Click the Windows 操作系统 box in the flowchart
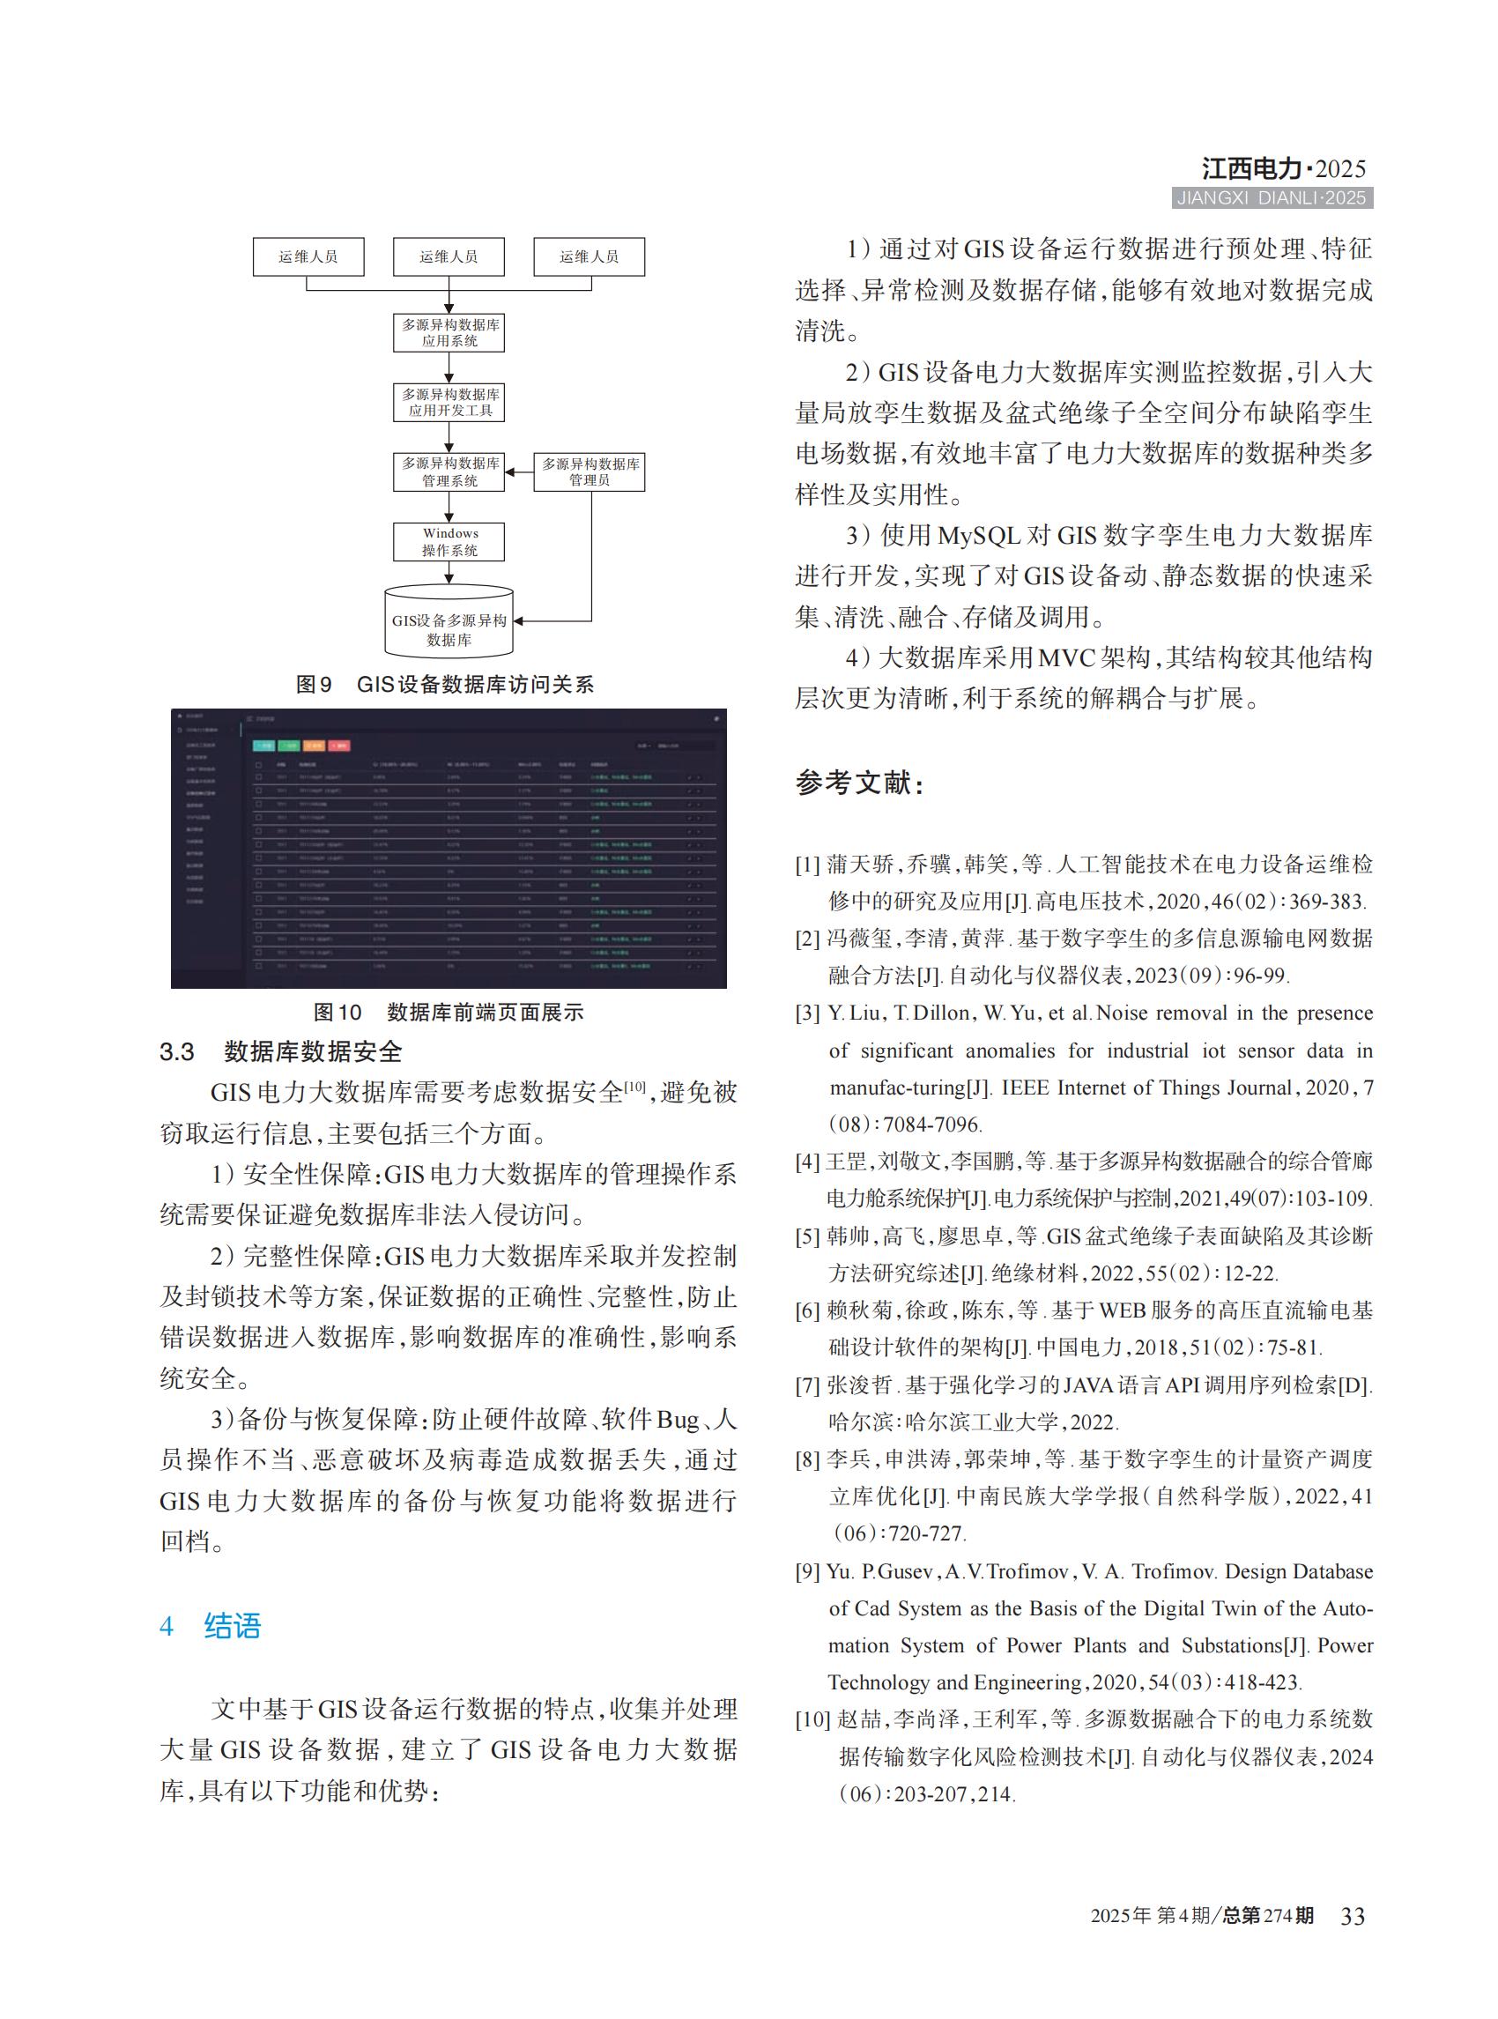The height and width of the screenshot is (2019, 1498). pos(449,541)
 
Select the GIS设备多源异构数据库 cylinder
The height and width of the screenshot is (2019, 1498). pos(449,622)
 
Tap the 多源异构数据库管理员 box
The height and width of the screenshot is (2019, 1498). pos(590,471)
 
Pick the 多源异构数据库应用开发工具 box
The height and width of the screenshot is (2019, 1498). pos(449,402)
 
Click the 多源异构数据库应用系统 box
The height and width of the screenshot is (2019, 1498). pos(449,333)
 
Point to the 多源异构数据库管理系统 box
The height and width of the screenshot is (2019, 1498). pos(449,471)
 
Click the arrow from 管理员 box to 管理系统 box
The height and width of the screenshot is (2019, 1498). pos(519,471)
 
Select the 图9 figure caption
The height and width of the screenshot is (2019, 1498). pos(444,685)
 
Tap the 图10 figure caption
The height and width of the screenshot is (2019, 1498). pos(448,1013)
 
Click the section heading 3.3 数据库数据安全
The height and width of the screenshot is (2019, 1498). pos(280,1051)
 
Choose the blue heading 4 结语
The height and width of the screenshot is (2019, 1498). pos(211,1625)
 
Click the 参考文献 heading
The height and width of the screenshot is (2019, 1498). pos(859,782)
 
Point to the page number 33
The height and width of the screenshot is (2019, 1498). pos(1352,1916)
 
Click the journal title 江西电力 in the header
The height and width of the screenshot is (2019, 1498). pos(1251,168)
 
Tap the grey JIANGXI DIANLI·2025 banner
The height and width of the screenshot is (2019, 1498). pos(1272,197)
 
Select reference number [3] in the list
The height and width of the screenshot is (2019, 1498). pos(807,1013)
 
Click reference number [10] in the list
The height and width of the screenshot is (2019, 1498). pos(812,1719)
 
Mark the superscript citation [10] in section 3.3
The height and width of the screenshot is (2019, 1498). pos(634,1086)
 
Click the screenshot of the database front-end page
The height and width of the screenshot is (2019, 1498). pos(448,848)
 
